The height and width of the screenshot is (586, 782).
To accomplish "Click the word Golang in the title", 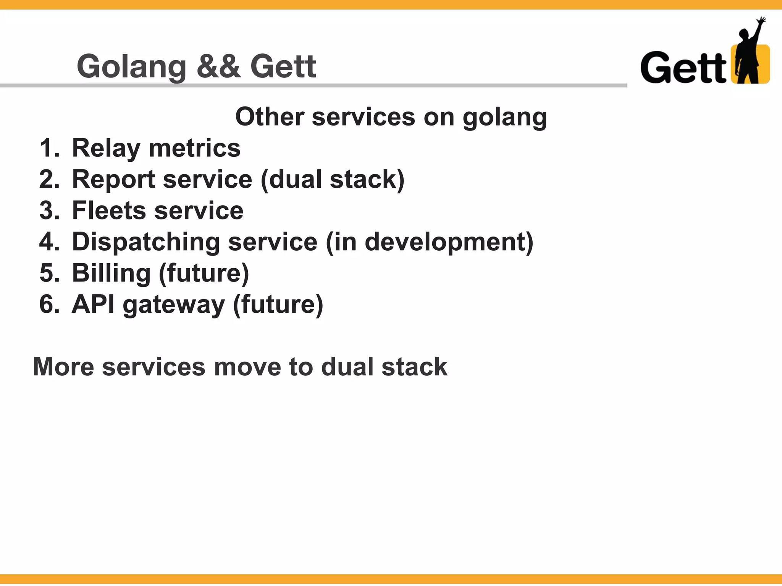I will tap(131, 67).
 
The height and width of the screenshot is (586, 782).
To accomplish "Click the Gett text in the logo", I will tap(683, 68).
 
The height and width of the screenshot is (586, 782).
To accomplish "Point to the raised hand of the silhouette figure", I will tap(761, 21).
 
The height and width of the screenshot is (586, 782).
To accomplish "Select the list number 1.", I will tap(49, 148).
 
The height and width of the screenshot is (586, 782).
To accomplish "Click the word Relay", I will tap(106, 148).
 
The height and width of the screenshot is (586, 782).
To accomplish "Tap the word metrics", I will tap(195, 148).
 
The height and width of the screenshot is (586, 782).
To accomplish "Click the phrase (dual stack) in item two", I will tap(332, 179).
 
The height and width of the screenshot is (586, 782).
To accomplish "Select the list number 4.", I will tap(49, 242).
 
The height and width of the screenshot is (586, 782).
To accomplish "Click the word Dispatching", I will tap(146, 242).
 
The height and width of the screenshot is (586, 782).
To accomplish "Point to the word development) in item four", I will tap(449, 242).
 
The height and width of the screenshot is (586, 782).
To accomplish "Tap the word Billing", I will tap(111, 273).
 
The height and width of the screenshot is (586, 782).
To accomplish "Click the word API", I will tap(93, 304).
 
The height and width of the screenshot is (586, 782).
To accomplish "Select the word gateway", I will tap(174, 305).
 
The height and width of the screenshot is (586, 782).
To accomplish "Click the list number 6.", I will tap(49, 304).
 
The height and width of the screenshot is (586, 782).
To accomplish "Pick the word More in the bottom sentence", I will tap(63, 367).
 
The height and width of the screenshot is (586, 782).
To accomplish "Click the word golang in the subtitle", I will tap(505, 118).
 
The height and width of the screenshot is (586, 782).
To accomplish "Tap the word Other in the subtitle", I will tap(270, 117).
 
